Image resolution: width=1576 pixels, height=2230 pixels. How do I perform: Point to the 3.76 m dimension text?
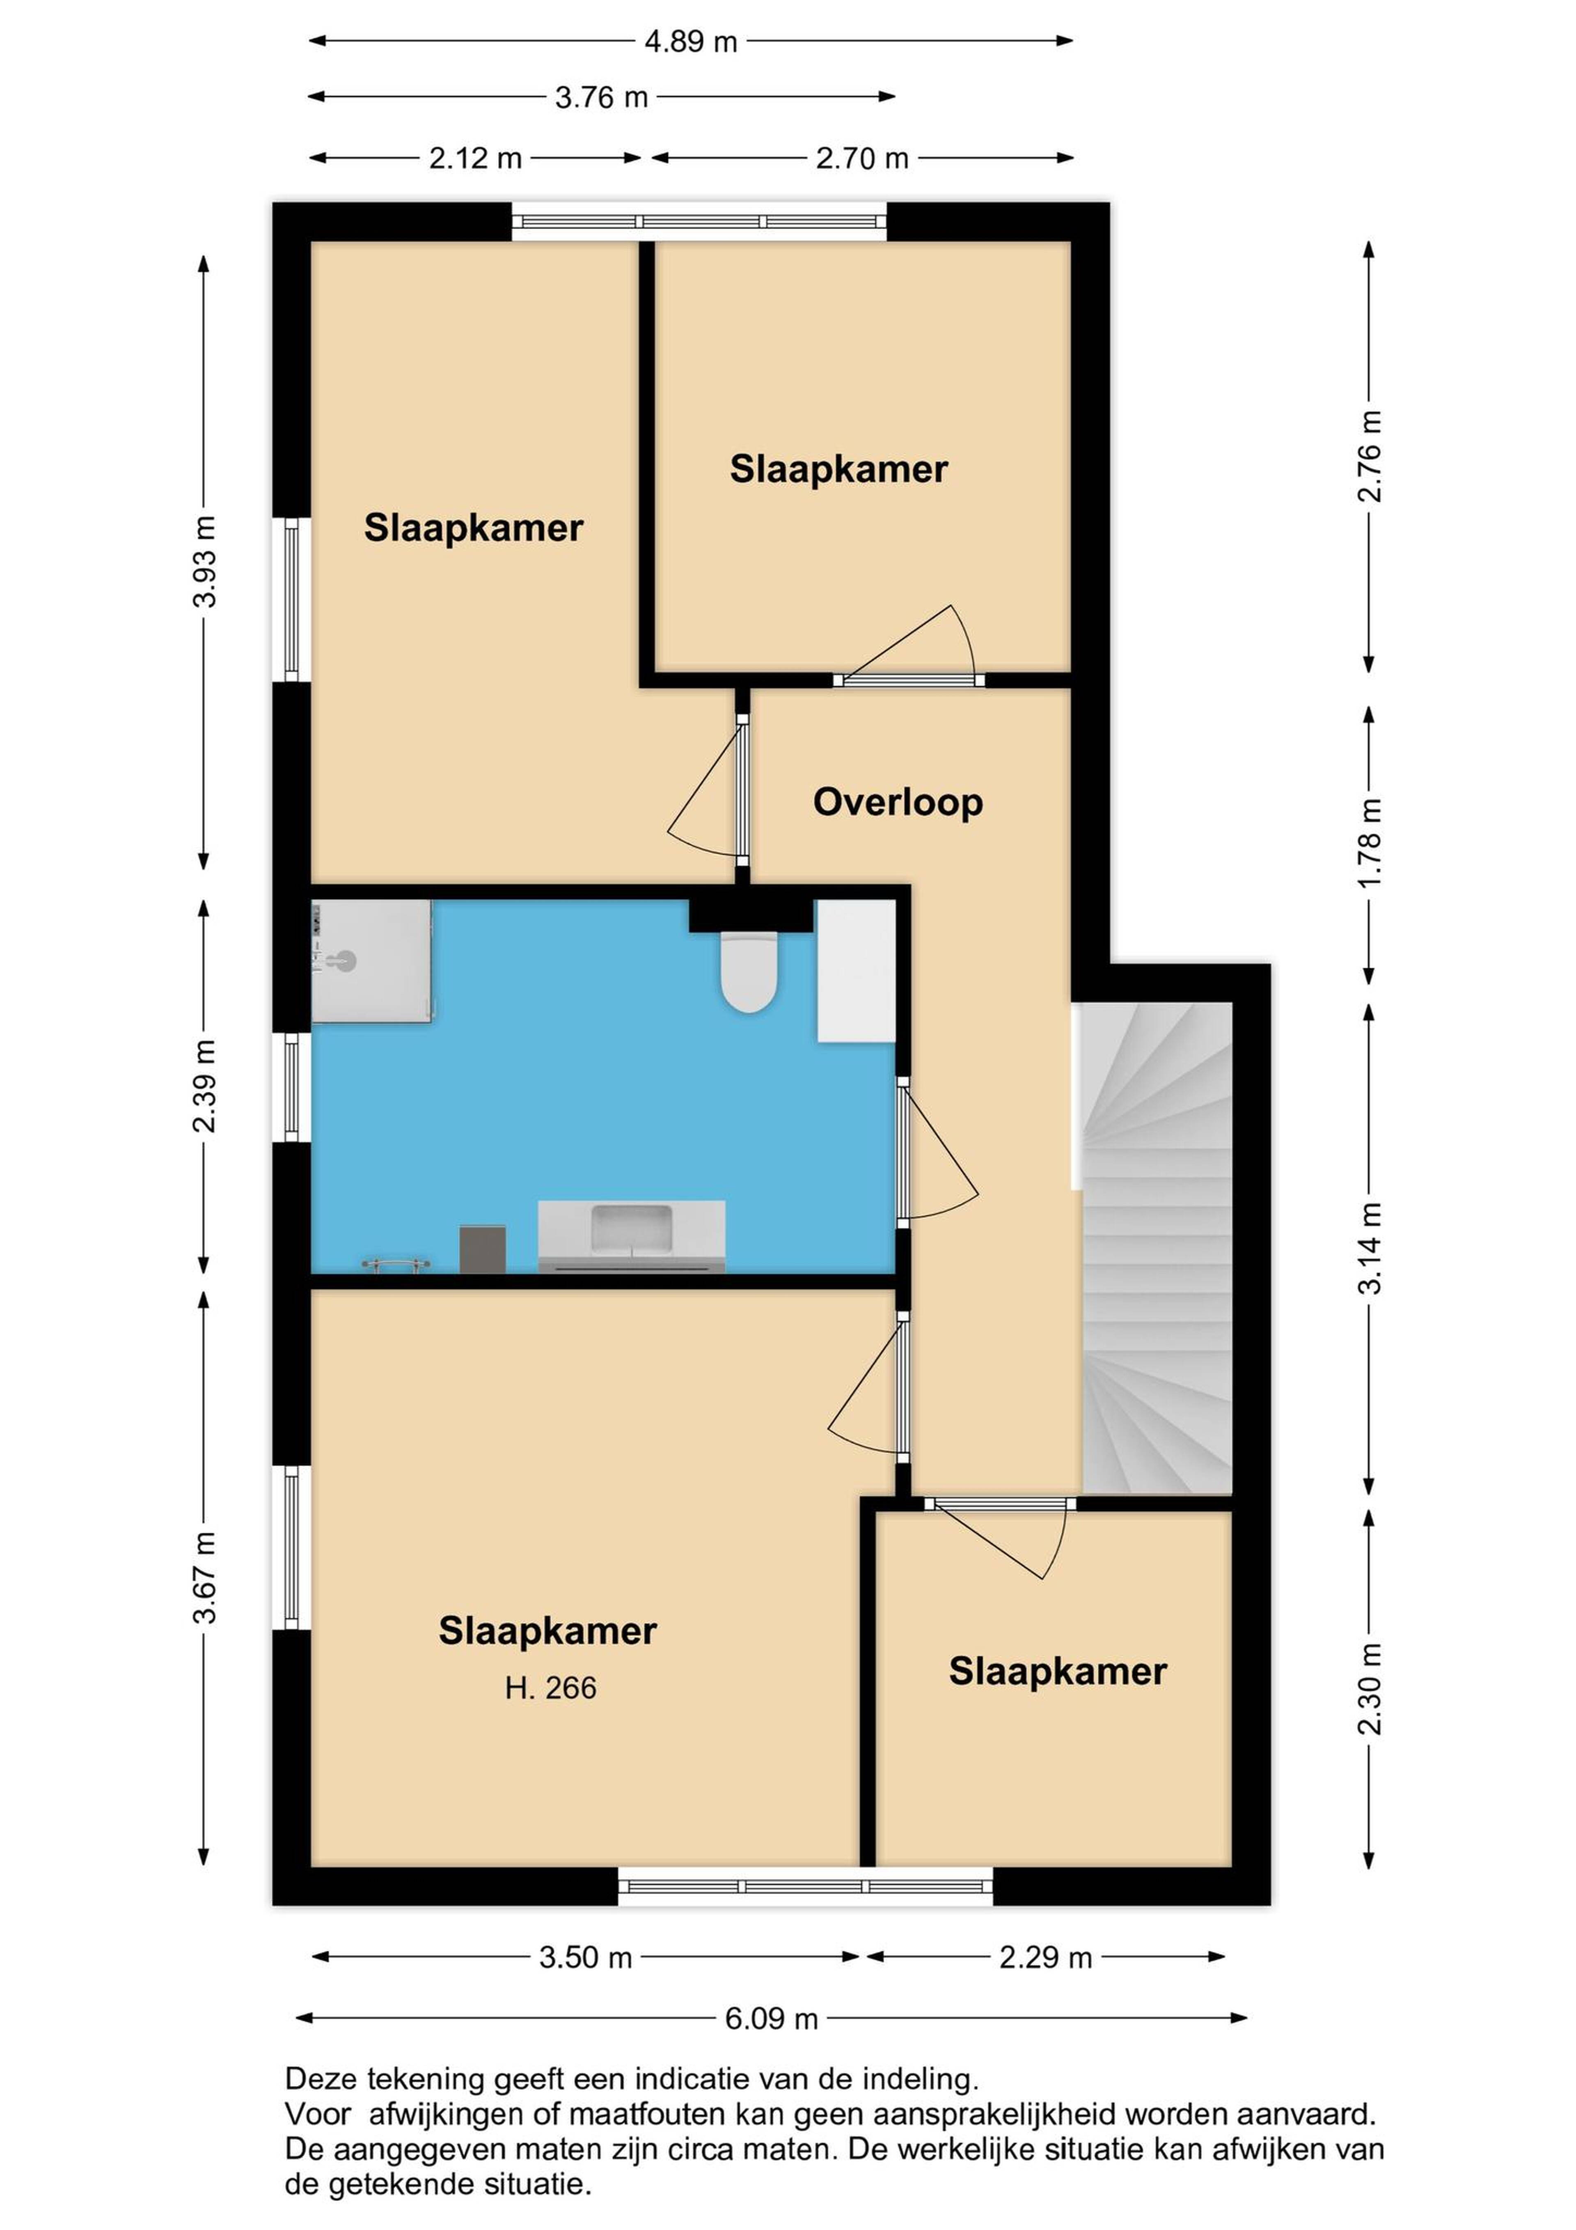601,97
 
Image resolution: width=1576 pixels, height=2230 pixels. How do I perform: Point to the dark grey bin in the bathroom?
483,1248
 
